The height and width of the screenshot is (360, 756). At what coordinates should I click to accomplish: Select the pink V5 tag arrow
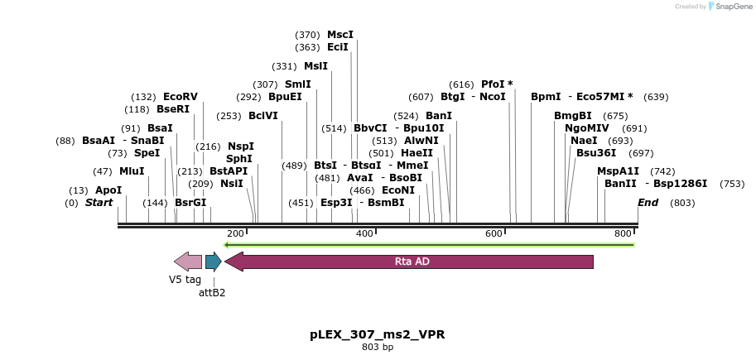click(188, 262)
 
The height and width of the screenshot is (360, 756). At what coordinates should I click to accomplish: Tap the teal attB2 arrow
click(213, 262)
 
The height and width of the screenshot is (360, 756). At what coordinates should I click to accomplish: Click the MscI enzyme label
click(339, 35)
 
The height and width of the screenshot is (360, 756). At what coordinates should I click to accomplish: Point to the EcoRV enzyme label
click(181, 97)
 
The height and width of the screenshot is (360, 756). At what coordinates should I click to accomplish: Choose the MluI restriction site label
click(132, 171)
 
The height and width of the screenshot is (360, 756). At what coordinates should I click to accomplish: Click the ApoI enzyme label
click(108, 190)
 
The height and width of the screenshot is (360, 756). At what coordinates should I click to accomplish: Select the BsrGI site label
click(190, 203)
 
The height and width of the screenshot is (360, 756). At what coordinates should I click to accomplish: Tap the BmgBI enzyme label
click(573, 116)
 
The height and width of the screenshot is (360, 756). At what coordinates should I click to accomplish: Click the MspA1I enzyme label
click(619, 171)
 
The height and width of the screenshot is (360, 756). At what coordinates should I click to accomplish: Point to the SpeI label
click(147, 153)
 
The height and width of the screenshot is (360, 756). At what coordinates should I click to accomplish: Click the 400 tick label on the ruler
click(364, 234)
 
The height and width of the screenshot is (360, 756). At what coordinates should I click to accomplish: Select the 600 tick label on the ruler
click(494, 234)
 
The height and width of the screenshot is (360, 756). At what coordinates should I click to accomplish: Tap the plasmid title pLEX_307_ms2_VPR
click(377, 334)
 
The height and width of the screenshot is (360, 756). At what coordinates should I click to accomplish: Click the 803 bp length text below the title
click(377, 347)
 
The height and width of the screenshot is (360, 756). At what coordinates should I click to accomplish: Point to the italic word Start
click(99, 203)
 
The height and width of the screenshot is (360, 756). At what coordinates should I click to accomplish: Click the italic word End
click(648, 203)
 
